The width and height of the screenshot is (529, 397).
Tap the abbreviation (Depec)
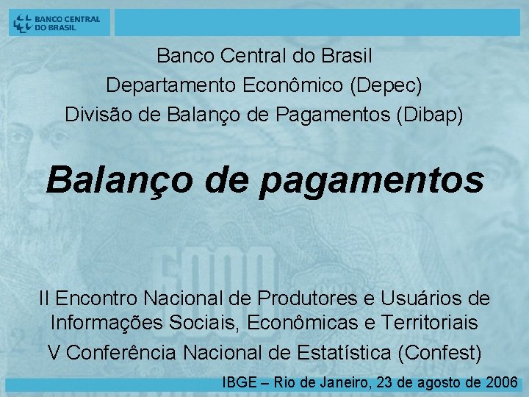[386, 85]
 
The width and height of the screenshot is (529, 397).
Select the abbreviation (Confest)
[439, 353]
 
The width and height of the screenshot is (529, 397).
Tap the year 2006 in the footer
[503, 382]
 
